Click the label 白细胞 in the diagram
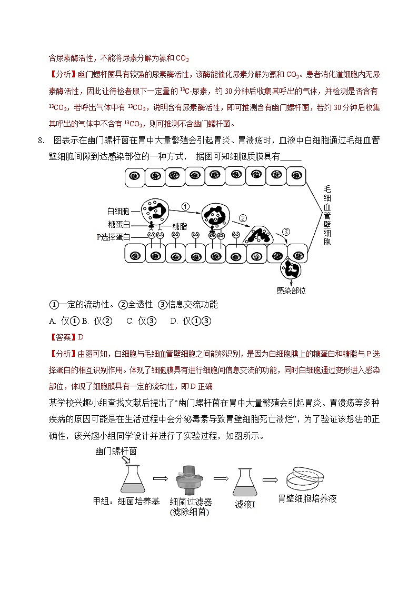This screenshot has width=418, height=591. (118, 211)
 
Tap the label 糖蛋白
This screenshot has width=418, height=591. (118, 225)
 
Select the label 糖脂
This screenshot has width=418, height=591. (179, 226)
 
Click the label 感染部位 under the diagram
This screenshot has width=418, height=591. (291, 290)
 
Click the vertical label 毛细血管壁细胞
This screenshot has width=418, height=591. (326, 216)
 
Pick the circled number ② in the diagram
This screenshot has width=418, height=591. (243, 218)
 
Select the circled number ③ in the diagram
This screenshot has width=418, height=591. (286, 232)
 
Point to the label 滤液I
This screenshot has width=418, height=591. (245, 504)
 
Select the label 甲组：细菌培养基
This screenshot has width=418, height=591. (126, 501)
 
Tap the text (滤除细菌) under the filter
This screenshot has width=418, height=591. (190, 512)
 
